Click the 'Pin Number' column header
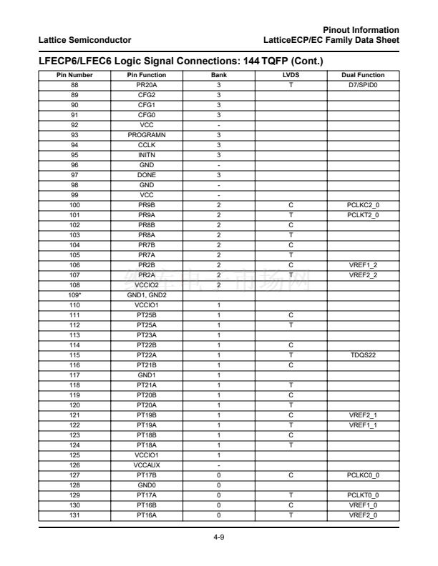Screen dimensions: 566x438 tap(70, 75)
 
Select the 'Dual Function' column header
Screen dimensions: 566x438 tap(366, 75)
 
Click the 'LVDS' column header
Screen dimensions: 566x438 tap(291, 75)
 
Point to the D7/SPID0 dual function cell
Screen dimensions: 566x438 tap(366, 84)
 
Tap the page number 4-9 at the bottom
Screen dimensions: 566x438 tap(218, 511)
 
